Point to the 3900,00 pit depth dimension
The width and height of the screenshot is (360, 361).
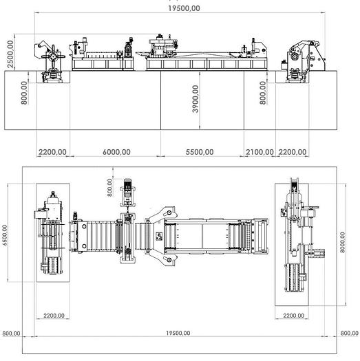coord(196,100)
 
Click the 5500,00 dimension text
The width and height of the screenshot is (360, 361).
coord(202,153)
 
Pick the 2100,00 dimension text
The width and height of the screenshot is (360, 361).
coord(260,153)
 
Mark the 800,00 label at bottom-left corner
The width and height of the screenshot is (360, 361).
coord(11,333)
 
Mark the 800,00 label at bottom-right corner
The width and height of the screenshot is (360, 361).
coord(349,333)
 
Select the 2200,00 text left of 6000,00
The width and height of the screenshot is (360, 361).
coord(52,153)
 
